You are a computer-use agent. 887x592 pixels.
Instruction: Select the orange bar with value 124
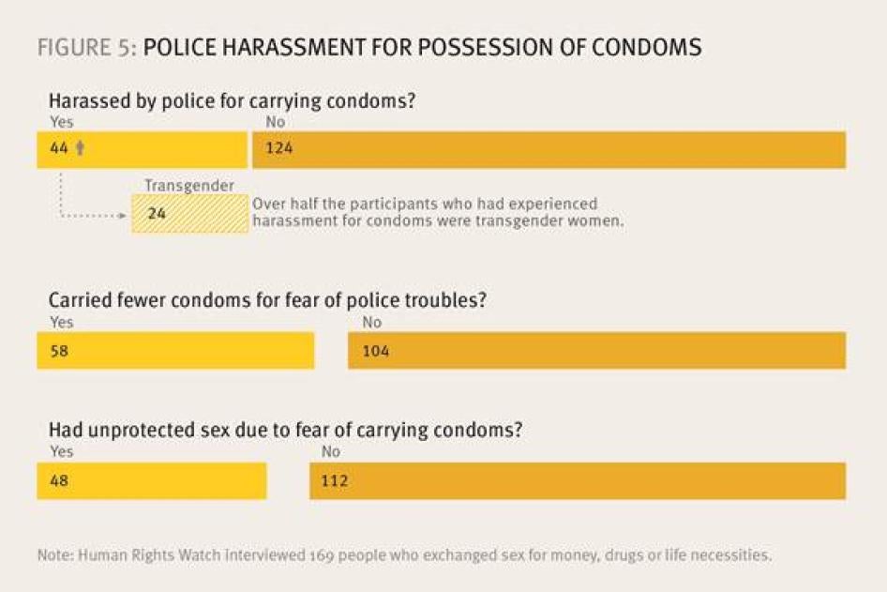549,150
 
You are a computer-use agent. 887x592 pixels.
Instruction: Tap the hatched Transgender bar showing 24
189,214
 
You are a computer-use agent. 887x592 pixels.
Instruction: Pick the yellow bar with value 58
175,351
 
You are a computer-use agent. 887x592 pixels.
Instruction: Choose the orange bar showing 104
596,351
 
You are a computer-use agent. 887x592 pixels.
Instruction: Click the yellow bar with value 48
151,480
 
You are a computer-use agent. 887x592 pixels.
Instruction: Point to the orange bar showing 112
578,480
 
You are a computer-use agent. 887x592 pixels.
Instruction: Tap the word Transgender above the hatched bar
188,186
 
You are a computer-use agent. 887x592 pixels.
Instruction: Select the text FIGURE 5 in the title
86,47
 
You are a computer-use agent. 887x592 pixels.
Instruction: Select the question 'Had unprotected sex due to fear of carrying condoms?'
285,431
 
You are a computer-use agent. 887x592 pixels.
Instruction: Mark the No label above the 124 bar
275,122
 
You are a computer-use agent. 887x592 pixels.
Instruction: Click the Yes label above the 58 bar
61,323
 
